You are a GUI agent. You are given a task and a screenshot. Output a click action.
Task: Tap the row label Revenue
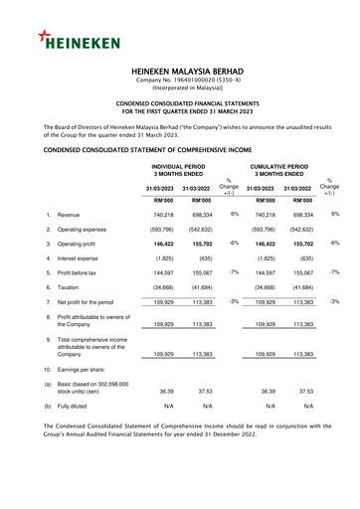tap(69, 215)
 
